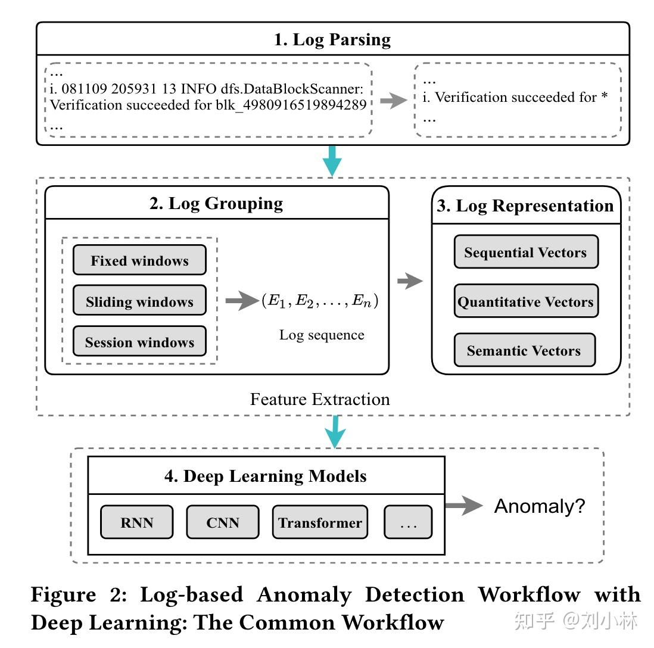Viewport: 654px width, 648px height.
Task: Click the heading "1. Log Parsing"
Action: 332,40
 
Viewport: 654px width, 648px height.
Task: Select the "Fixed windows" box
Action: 139,260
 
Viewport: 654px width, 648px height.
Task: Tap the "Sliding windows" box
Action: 139,301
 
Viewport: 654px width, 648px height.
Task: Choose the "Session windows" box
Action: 139,342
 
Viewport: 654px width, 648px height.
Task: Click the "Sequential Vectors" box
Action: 525,252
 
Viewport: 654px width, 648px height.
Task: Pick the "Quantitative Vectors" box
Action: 525,301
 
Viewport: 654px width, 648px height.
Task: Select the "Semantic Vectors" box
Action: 524,350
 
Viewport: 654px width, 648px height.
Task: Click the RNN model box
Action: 137,522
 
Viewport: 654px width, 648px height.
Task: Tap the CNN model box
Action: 223,522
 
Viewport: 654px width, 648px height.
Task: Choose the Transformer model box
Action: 320,522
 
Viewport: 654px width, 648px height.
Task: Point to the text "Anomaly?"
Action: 540,506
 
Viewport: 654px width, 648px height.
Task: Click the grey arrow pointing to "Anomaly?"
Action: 463,506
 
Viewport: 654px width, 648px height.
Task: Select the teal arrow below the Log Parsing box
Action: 332,160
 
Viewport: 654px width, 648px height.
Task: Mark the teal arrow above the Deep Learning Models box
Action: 337,431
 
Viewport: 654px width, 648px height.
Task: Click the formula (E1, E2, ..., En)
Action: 320,301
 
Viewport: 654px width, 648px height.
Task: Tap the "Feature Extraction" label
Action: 320,398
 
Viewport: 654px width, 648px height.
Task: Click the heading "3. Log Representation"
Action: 525,205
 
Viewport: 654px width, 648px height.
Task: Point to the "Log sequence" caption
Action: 322,335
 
